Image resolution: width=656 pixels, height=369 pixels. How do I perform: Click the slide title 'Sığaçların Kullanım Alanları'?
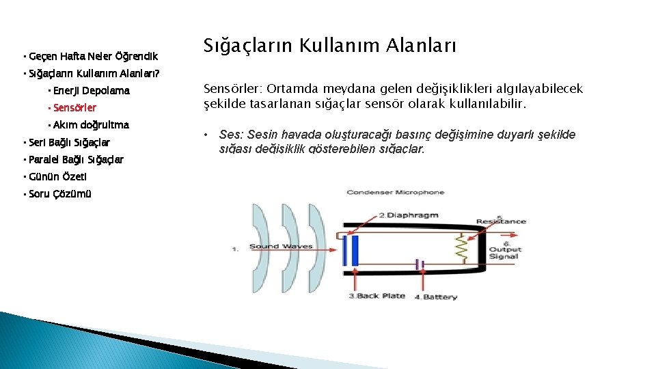329,46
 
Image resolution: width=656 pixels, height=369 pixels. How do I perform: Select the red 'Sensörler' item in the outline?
74,108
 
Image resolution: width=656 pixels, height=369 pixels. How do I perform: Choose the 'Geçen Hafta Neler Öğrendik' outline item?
94,56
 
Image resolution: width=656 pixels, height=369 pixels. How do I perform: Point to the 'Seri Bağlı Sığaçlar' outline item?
69,142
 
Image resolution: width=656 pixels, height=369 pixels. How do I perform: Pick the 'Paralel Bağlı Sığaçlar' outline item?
76,159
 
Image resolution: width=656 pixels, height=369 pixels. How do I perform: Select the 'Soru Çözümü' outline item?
59,194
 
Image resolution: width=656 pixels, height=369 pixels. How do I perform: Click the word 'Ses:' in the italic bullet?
230,135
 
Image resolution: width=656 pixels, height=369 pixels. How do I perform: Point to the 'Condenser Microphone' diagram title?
396,193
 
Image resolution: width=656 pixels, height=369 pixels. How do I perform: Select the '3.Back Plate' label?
377,296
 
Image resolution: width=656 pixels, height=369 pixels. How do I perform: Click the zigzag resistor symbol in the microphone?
463,249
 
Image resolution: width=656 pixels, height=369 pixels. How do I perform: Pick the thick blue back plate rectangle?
354,250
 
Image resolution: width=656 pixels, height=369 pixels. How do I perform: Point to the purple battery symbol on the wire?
421,264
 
